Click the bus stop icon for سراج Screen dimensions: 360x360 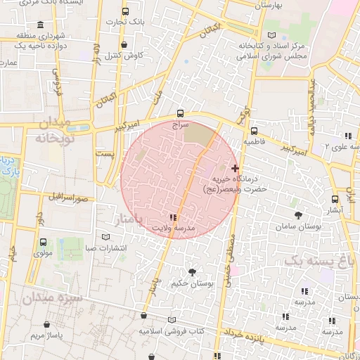pyautogui.click(x=181, y=112)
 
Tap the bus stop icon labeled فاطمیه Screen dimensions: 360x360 pyautogui.click(x=254, y=130)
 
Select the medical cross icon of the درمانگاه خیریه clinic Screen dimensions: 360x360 pyautogui.click(x=235, y=169)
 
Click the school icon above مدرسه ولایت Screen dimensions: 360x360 pyautogui.click(x=174, y=217)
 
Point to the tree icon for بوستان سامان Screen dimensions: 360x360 pyautogui.click(x=298, y=215)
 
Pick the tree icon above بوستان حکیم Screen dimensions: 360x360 pyautogui.click(x=191, y=271)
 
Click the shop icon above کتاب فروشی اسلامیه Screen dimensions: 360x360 pyautogui.click(x=143, y=317)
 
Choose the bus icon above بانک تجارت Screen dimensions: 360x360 pyautogui.click(x=125, y=12)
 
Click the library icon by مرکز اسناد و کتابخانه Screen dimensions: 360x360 pyautogui.click(x=272, y=35)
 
